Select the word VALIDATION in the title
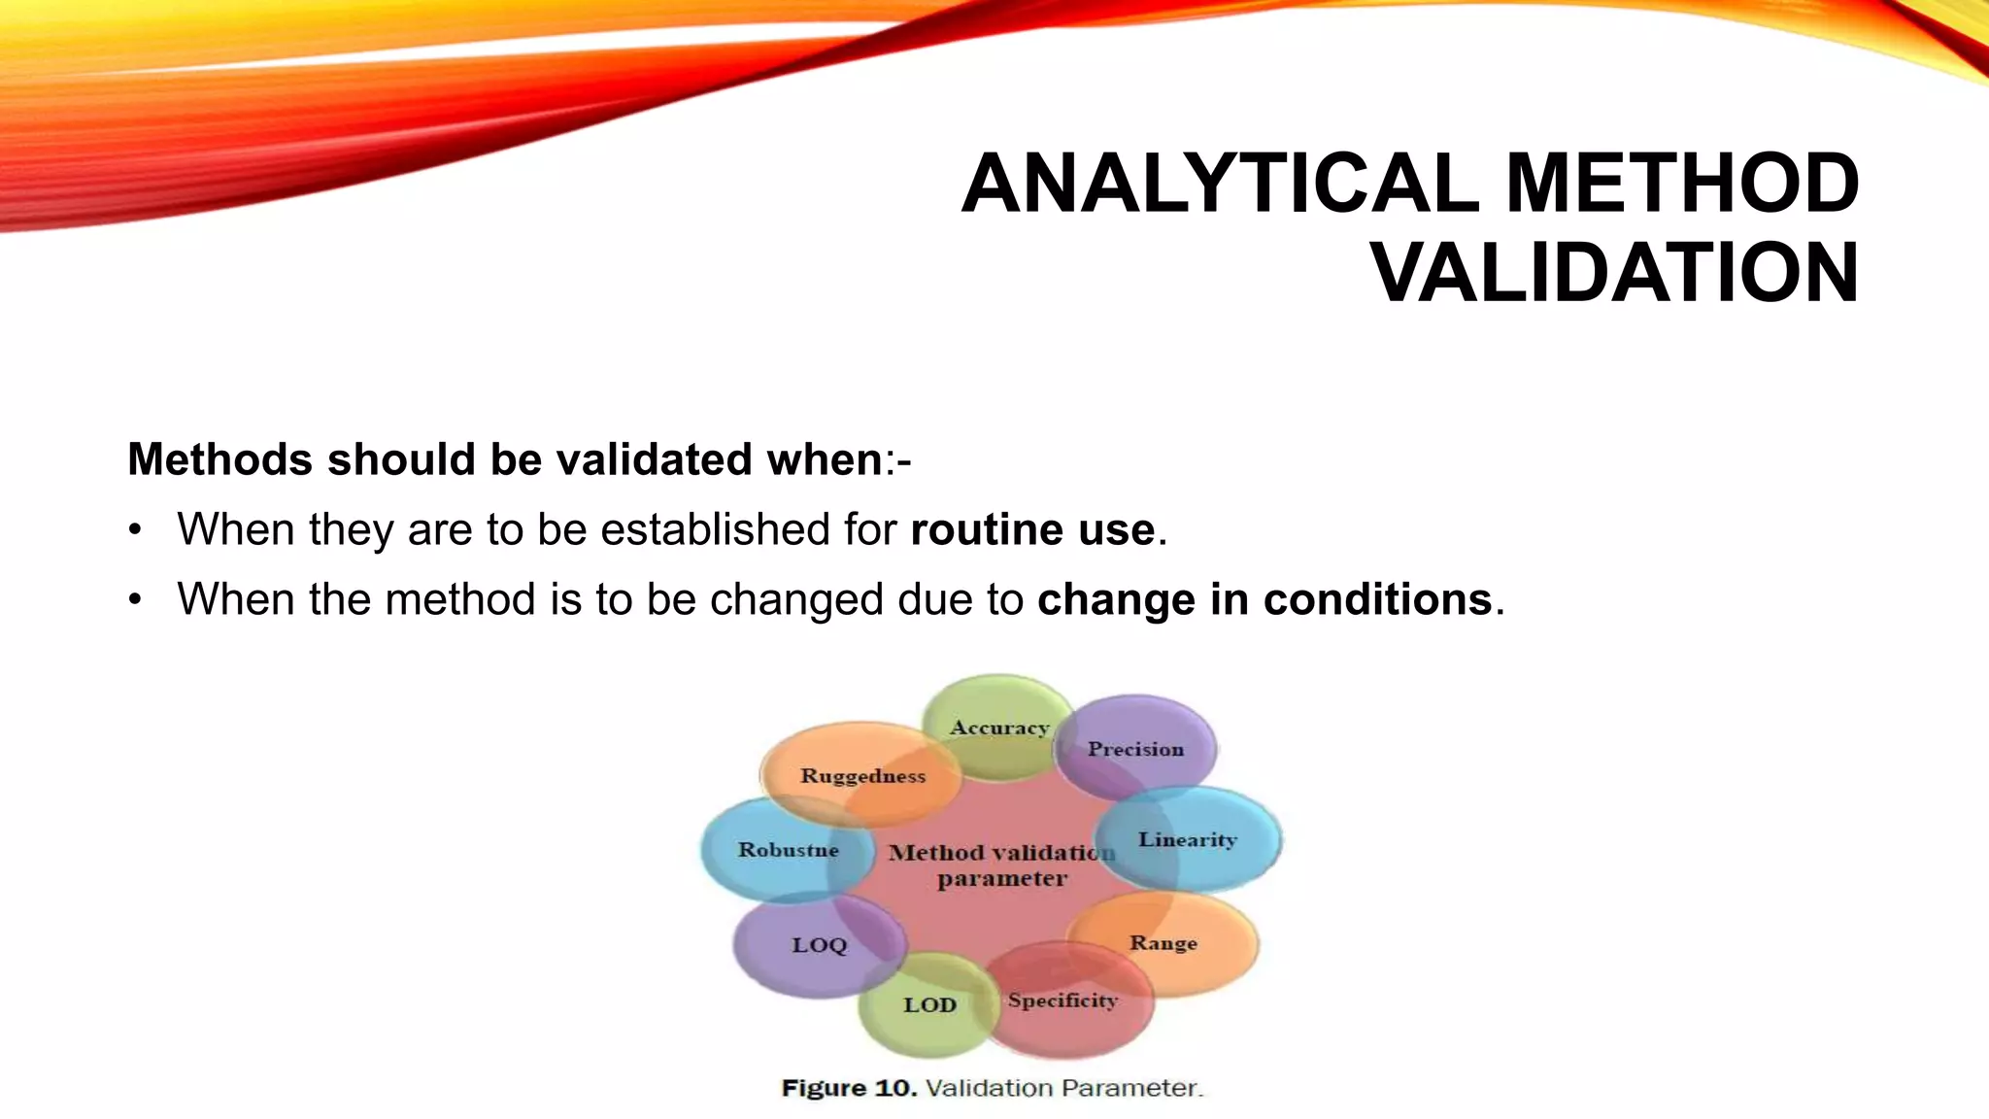coord(1615,273)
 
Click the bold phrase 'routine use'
coord(1032,529)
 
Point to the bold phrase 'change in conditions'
coord(1264,599)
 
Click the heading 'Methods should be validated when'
coord(505,459)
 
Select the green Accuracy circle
coord(998,728)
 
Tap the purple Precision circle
coord(1135,749)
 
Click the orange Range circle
coord(1163,943)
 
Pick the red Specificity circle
coord(1063,1001)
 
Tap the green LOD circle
coord(929,1005)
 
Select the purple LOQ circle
coord(819,945)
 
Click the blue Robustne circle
coord(788,850)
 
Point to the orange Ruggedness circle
coord(861,775)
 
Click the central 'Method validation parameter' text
coord(1000,865)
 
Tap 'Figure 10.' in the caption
coord(849,1088)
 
